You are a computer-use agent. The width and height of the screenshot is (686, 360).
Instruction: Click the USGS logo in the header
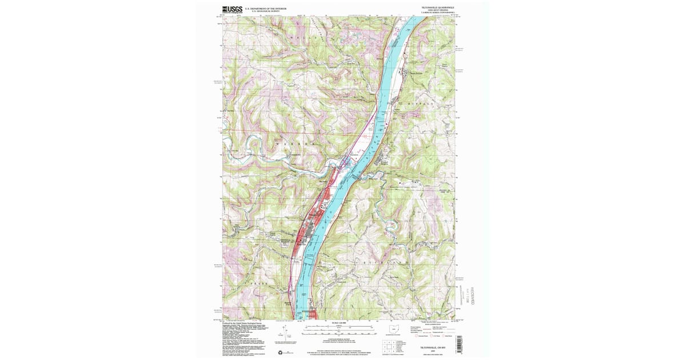[x=232, y=9]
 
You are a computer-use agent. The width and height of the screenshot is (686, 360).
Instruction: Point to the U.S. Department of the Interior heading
[x=265, y=9]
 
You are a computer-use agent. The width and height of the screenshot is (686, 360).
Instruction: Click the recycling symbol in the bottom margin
[x=280, y=351]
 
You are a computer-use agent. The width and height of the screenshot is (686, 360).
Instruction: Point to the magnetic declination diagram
[x=288, y=335]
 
